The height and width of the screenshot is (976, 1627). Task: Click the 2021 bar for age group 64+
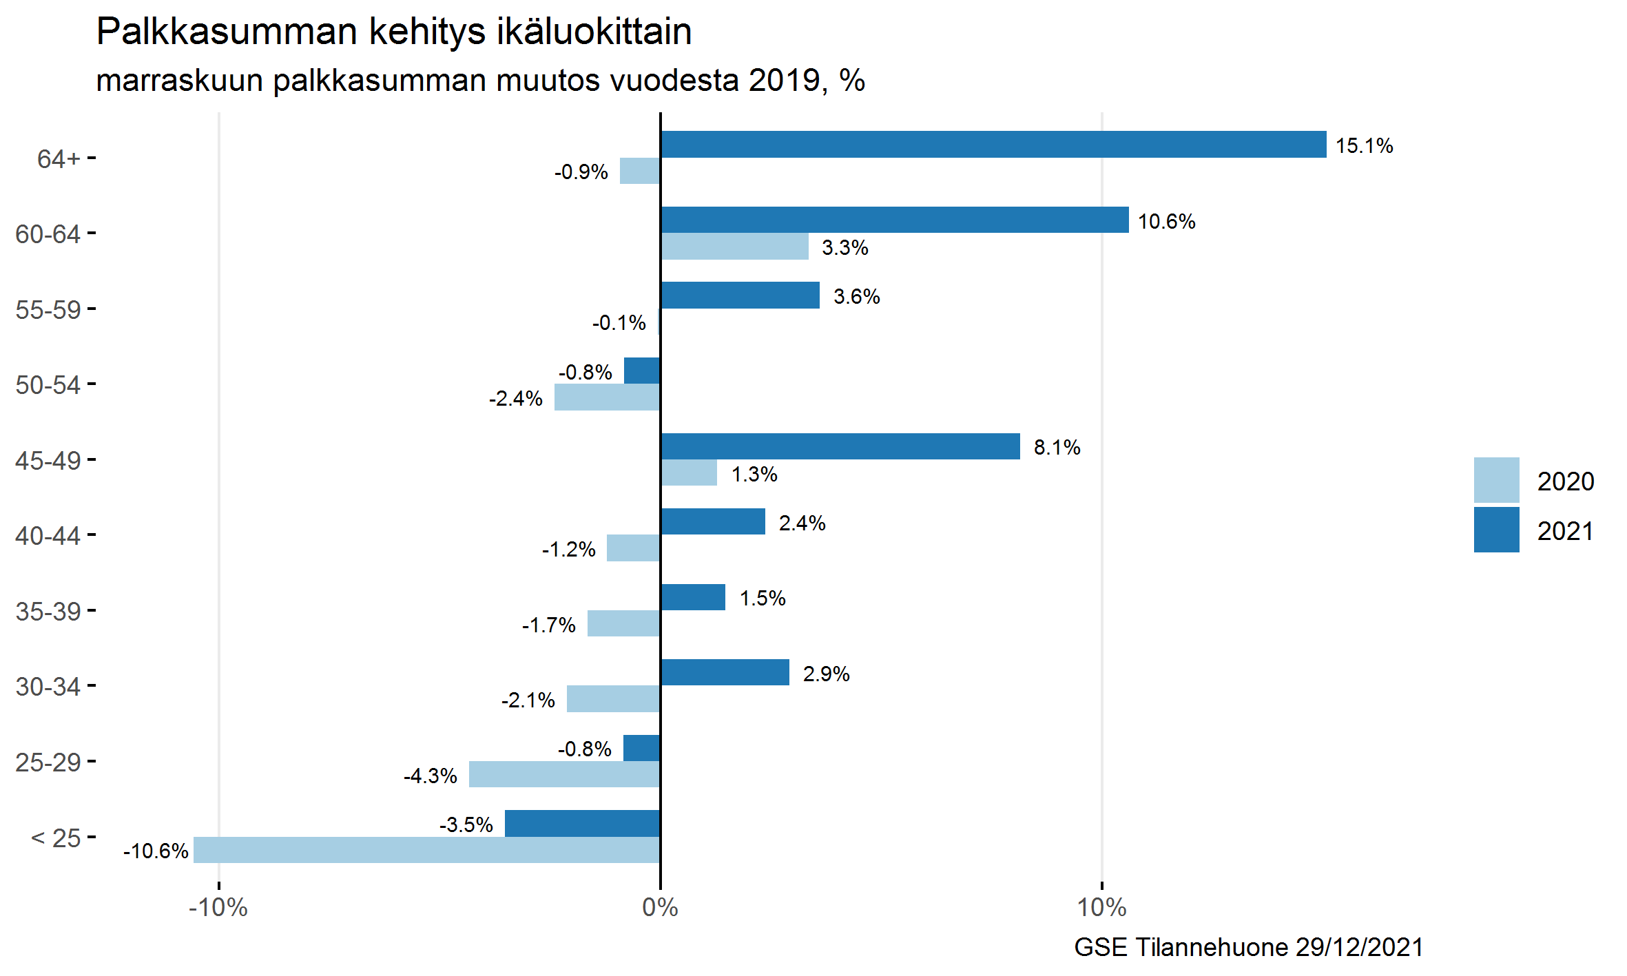coord(993,145)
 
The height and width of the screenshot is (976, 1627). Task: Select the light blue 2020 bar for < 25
coord(426,849)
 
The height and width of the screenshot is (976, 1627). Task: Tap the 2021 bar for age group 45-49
coord(840,446)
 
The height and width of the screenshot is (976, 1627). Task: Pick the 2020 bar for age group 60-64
coord(734,247)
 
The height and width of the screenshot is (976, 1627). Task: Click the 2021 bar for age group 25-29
coord(641,748)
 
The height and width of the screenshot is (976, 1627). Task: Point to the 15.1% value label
coord(1364,146)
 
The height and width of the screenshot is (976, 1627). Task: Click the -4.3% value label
coord(431,776)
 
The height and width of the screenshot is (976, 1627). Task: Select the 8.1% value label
coord(1057,448)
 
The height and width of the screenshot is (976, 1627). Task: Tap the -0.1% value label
coord(619,323)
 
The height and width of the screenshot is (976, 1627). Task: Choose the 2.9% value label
coord(826,674)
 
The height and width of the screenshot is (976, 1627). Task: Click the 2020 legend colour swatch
coord(1496,480)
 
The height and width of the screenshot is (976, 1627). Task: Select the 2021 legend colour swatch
coord(1496,530)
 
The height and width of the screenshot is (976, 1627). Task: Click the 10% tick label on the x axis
coord(1101,908)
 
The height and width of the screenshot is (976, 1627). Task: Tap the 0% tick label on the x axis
coord(660,908)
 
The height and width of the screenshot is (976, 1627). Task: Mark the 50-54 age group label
coord(48,385)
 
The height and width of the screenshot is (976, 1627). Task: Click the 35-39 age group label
coord(48,612)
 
